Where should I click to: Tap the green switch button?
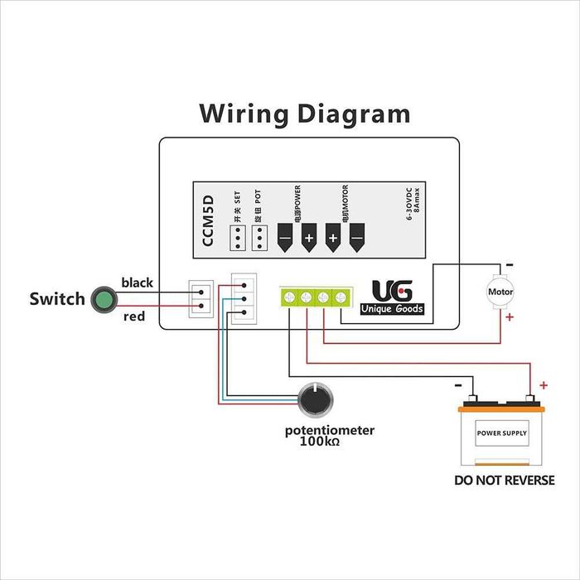104,299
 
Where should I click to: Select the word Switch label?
57,299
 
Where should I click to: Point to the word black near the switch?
138,283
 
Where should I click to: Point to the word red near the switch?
133,317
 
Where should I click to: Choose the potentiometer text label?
330,431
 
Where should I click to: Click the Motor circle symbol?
500,292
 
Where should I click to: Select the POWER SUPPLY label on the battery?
501,433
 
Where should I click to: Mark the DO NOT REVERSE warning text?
505,481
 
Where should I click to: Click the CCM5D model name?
209,220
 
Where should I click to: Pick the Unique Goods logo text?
392,309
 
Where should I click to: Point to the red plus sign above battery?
543,384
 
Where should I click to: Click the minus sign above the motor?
509,265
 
